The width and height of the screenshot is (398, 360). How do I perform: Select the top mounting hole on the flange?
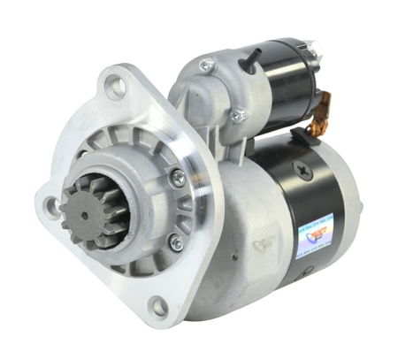115,86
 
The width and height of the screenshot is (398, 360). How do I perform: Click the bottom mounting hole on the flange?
157,307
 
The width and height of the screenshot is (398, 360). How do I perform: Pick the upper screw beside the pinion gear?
178,177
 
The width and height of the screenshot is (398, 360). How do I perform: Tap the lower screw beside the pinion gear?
176,241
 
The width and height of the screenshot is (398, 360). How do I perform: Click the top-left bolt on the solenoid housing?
207,65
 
